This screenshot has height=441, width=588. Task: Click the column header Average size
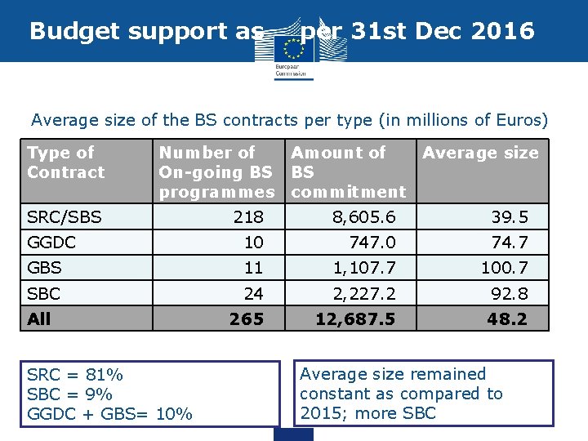click(x=480, y=153)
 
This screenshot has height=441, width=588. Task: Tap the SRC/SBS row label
click(x=65, y=217)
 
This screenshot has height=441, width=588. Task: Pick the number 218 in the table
click(x=248, y=217)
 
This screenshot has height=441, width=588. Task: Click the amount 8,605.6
click(x=363, y=217)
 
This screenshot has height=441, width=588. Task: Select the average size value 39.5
click(x=509, y=217)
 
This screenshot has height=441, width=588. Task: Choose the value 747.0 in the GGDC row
click(x=372, y=243)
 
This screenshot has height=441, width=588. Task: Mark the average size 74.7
click(x=509, y=243)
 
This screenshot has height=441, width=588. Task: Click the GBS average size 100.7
click(x=504, y=268)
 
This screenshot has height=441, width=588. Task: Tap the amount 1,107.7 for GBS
click(x=363, y=268)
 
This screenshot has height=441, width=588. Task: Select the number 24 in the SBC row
click(x=254, y=293)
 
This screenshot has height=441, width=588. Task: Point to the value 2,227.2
click(x=363, y=293)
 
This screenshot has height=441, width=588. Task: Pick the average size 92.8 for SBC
click(x=509, y=293)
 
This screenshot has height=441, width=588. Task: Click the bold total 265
click(x=247, y=318)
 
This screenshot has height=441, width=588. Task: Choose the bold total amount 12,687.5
click(x=355, y=318)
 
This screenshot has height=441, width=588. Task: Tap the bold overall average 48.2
click(x=507, y=318)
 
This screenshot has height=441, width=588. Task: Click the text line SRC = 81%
click(x=75, y=375)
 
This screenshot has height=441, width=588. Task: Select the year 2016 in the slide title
click(x=503, y=31)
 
